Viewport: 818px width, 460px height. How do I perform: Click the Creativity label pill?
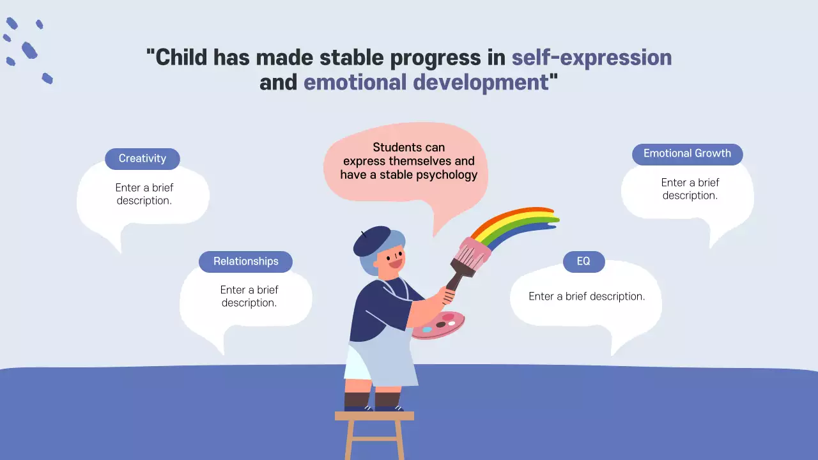(143, 159)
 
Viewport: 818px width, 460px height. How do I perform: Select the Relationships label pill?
(246, 261)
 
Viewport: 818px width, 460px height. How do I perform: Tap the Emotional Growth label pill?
(687, 154)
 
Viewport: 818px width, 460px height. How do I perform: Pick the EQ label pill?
(583, 261)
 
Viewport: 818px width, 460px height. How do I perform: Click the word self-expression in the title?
(592, 57)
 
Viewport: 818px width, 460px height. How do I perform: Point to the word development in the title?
(481, 82)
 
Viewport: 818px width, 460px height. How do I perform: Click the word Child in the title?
(181, 57)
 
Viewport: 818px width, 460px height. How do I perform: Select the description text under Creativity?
(144, 194)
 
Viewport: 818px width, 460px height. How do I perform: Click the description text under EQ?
(587, 296)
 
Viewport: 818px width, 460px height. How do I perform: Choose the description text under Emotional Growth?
(690, 188)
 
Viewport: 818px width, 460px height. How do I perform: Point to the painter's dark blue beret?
(373, 241)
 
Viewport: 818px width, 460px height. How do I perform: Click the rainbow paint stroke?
(515, 224)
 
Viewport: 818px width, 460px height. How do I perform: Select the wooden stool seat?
(374, 416)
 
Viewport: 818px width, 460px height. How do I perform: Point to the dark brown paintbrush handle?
(457, 275)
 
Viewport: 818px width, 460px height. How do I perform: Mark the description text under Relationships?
(249, 296)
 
